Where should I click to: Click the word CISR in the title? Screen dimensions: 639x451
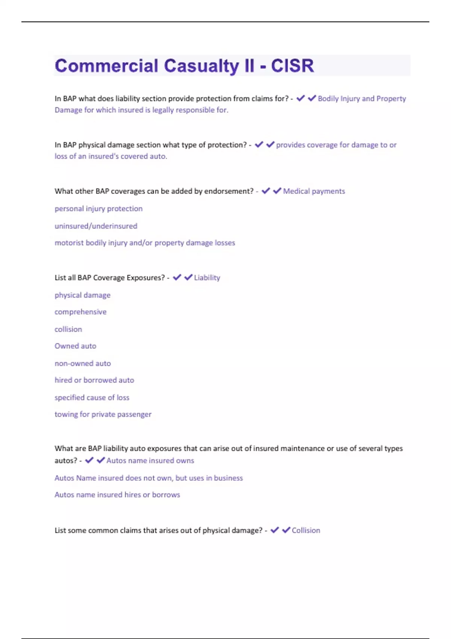click(292, 66)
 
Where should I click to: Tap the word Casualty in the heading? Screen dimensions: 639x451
click(201, 66)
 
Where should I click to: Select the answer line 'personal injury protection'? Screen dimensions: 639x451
click(98, 209)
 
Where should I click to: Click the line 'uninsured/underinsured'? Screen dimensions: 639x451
click(96, 226)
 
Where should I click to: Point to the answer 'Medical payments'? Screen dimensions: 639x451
click(314, 191)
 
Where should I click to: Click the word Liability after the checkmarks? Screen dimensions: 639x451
click(207, 278)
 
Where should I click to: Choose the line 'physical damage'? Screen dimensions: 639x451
click(82, 295)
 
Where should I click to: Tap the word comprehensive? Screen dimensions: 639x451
click(80, 312)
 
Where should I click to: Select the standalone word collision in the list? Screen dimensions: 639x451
click(68, 329)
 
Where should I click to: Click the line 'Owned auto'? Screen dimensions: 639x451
click(75, 346)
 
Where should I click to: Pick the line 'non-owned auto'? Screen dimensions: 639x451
click(83, 363)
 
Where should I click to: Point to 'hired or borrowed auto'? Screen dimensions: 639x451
click(94, 380)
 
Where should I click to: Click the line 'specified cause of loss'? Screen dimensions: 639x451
click(92, 397)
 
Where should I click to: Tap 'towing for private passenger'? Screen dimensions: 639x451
click(103, 414)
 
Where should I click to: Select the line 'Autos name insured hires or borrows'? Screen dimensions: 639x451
click(117, 495)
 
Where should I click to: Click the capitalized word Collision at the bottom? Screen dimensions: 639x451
click(306, 530)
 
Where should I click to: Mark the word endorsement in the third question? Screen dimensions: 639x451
click(229, 191)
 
